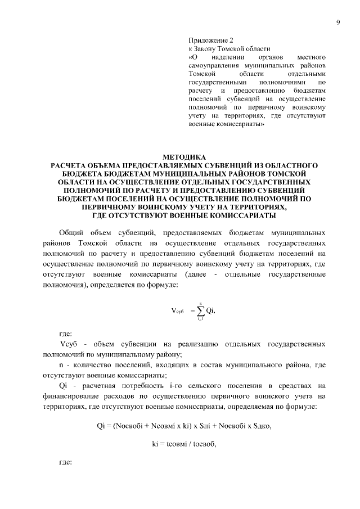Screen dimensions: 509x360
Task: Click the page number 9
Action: (337, 22)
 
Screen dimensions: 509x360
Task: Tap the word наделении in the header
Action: (224, 57)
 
